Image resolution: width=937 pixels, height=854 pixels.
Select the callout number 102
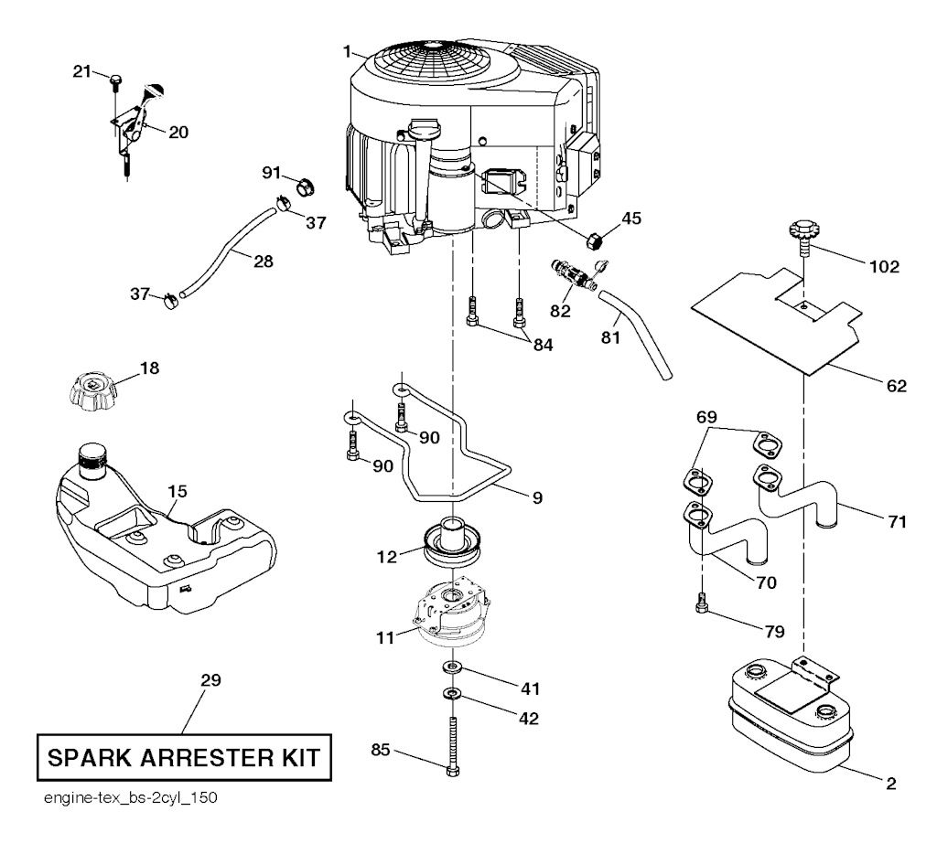[x=885, y=268]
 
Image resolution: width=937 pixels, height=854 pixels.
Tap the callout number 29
[x=210, y=681]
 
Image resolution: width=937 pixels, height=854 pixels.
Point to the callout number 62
[x=896, y=385]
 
